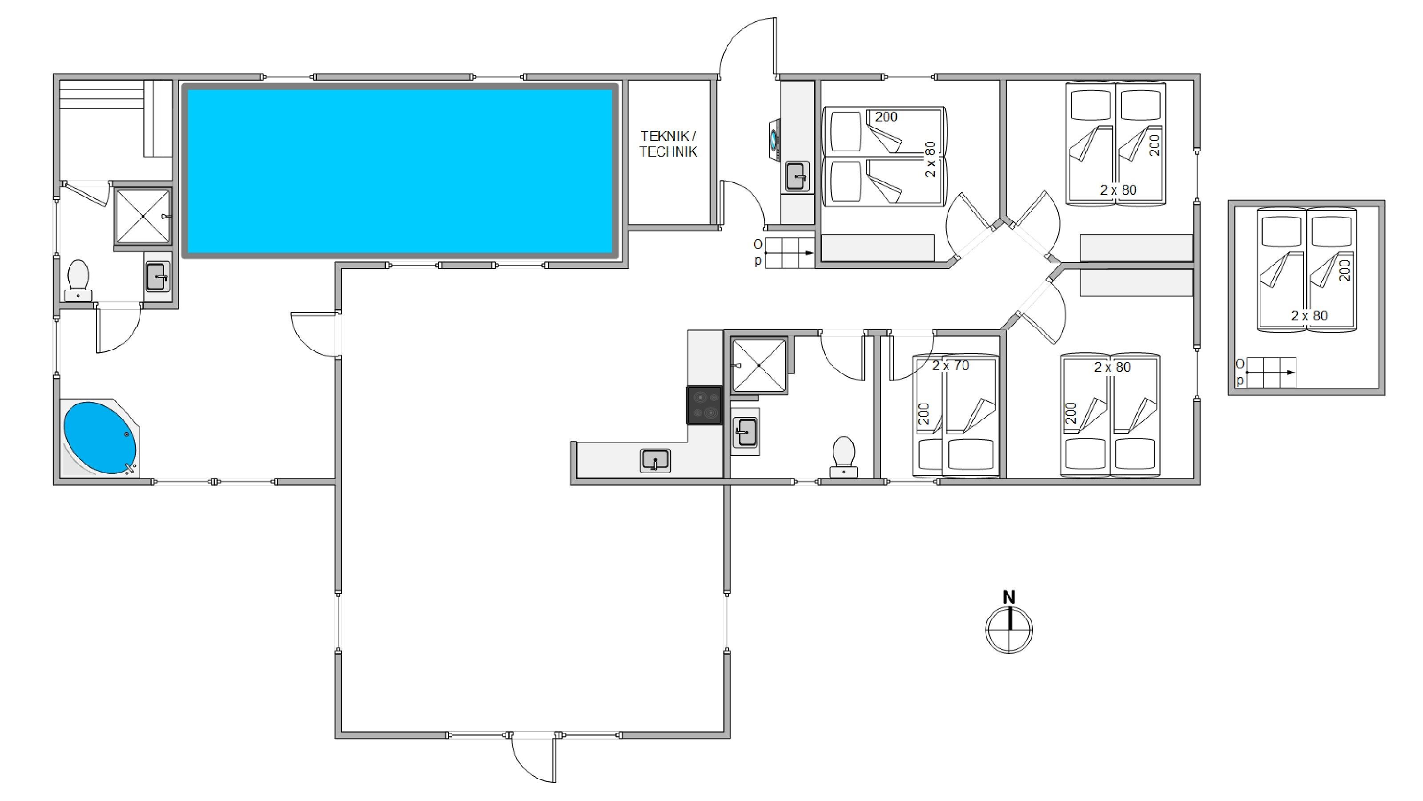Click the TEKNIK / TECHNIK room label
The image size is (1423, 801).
pos(668,144)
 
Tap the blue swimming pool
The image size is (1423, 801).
pos(399,171)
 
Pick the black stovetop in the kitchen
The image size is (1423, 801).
pos(704,405)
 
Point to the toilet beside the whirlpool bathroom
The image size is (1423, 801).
pos(78,281)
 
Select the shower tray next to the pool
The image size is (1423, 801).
pos(143,216)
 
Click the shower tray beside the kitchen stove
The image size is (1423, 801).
pos(759,365)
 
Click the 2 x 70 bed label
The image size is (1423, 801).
pos(951,365)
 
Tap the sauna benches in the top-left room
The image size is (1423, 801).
pos(116,118)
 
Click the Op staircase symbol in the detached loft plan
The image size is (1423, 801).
pos(1266,372)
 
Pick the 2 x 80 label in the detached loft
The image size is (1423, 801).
pos(1309,316)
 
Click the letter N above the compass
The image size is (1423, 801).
pos(1009,597)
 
